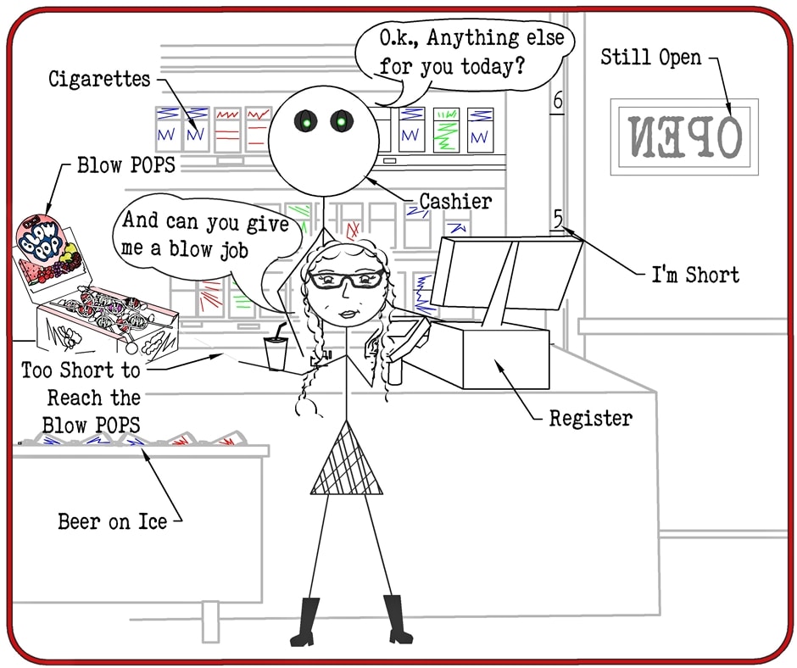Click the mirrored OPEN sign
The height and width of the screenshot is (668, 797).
pos(683,136)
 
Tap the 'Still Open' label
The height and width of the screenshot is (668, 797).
pos(651,58)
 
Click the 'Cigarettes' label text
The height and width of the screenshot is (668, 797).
pos(99,80)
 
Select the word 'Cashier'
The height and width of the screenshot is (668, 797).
pos(455,201)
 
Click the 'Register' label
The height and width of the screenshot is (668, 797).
pos(590,418)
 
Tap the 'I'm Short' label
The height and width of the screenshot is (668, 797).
pos(695,275)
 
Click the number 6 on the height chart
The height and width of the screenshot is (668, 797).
pos(557,101)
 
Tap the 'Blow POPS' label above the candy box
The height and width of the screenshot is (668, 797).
pos(126,164)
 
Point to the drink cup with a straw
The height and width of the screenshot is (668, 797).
pos(276,351)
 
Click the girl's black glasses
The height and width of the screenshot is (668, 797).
pos(345,279)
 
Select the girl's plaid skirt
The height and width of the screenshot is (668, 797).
pos(345,461)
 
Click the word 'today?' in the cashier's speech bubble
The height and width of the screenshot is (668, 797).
pos(493,66)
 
